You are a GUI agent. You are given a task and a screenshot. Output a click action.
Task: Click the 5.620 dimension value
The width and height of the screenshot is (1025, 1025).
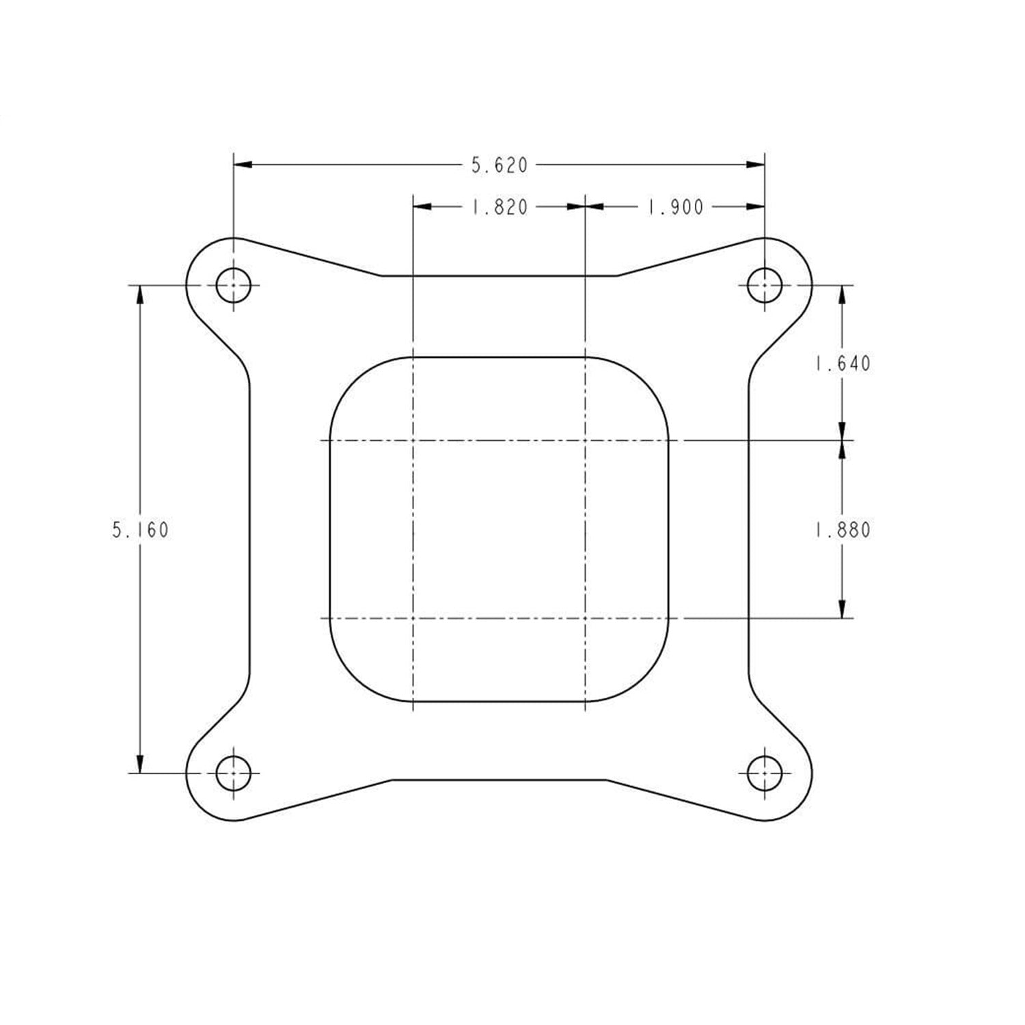(500, 165)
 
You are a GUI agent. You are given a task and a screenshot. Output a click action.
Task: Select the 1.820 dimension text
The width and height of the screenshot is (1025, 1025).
(500, 207)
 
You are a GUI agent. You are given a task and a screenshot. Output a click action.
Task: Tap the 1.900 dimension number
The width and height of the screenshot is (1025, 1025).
(675, 207)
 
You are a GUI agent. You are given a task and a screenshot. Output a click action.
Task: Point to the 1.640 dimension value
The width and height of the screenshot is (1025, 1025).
(843, 363)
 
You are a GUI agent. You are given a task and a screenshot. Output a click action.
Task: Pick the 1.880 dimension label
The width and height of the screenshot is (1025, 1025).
(843, 530)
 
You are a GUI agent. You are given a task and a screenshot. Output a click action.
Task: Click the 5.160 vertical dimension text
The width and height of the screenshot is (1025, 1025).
(140, 530)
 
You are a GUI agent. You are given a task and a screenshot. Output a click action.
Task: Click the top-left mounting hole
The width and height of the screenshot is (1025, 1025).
(234, 285)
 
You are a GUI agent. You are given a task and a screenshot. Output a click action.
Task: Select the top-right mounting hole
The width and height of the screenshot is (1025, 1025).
(764, 285)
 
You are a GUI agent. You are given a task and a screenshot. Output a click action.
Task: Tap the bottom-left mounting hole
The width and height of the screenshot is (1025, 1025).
(234, 773)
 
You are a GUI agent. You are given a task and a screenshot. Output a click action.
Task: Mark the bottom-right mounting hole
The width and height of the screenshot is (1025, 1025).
(764, 773)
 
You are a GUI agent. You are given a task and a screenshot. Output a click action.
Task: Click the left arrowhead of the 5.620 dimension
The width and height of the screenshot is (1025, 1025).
(243, 165)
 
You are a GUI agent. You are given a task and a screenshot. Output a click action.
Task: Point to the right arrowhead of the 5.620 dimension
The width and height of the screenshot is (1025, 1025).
(755, 165)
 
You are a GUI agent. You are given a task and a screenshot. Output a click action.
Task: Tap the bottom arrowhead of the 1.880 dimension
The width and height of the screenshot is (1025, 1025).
(842, 609)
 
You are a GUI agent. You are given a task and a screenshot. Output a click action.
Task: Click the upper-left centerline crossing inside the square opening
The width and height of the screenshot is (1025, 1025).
(413, 441)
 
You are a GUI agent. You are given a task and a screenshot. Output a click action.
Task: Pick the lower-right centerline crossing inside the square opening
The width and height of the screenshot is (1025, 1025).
(586, 618)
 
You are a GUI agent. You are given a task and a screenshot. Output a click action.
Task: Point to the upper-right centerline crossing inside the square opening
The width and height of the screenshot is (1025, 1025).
(586, 441)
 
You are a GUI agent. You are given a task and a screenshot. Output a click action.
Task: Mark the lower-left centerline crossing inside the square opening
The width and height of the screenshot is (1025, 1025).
(413, 618)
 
